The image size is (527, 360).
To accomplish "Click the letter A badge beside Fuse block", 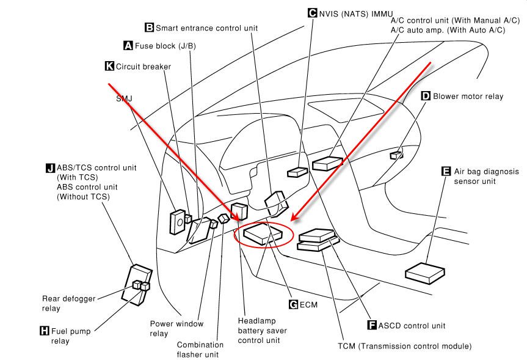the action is (x=128, y=45).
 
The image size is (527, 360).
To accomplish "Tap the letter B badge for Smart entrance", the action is (x=149, y=28).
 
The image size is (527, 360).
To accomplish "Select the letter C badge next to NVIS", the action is (x=313, y=13).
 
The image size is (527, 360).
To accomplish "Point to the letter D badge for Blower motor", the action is (x=426, y=96).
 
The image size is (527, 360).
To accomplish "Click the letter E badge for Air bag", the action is (x=446, y=171).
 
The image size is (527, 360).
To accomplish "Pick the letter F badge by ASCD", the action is (x=372, y=325).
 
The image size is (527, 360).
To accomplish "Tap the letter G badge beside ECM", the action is (x=293, y=304).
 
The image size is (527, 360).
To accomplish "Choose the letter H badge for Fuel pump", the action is (x=45, y=331).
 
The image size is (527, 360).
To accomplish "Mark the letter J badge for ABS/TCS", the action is (x=51, y=168).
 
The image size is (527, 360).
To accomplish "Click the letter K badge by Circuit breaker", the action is (x=109, y=66).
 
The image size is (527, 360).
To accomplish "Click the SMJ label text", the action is (x=124, y=98).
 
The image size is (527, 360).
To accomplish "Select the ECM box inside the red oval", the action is (x=263, y=233).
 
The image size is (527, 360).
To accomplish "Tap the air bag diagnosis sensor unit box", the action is (x=425, y=273).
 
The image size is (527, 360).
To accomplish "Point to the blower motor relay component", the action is (x=396, y=155).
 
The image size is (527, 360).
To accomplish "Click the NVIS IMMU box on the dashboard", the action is (x=297, y=172).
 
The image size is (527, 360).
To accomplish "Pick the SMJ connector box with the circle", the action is (x=178, y=222).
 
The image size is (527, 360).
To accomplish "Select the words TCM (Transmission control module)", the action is (x=405, y=346).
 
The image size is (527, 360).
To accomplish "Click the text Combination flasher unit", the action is (x=200, y=350).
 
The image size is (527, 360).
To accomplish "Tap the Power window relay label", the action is (x=176, y=328).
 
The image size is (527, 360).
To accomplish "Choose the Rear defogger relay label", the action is (x=68, y=303).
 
